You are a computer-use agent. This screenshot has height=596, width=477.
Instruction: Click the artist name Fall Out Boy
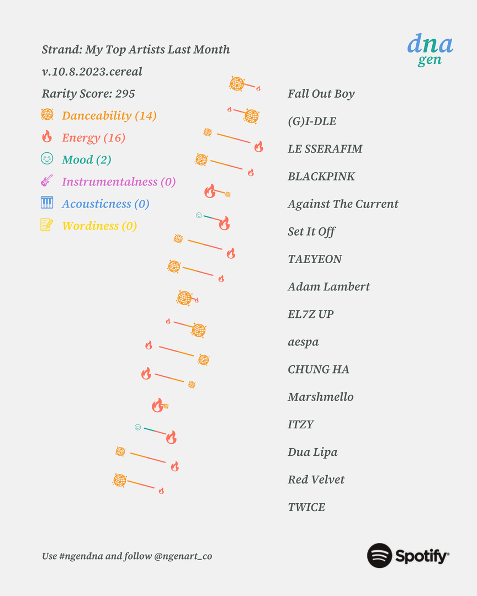(321, 93)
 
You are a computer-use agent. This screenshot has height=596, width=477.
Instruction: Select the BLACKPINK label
(321, 177)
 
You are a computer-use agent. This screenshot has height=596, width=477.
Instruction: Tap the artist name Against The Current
(343, 204)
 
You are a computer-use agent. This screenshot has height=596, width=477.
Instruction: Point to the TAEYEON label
(315, 259)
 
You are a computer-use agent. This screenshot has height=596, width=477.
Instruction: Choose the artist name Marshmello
(320, 397)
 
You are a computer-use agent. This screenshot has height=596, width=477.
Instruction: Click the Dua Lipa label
(312, 453)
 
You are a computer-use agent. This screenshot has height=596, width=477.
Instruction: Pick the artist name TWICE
(306, 507)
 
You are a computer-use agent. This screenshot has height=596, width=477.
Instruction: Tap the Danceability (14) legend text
(109, 115)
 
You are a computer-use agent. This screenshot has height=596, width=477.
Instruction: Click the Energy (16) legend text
(93, 137)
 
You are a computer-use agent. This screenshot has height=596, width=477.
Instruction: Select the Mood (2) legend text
(86, 159)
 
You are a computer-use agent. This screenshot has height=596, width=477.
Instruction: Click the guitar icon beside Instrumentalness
(47, 180)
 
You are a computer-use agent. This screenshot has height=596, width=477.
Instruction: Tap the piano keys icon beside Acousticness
(47, 203)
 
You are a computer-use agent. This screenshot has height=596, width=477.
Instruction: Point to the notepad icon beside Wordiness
(47, 225)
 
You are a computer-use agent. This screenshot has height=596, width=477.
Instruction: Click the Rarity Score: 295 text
(88, 93)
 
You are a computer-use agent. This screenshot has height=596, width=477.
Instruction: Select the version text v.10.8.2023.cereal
(92, 71)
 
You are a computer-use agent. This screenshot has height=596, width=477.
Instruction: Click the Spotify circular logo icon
(379, 556)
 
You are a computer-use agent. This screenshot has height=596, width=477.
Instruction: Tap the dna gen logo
(430, 50)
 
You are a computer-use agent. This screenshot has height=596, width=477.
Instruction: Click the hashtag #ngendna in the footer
(81, 556)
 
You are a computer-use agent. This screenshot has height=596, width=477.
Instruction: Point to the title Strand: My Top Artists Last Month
(136, 50)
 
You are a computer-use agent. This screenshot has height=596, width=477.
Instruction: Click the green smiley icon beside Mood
(47, 158)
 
